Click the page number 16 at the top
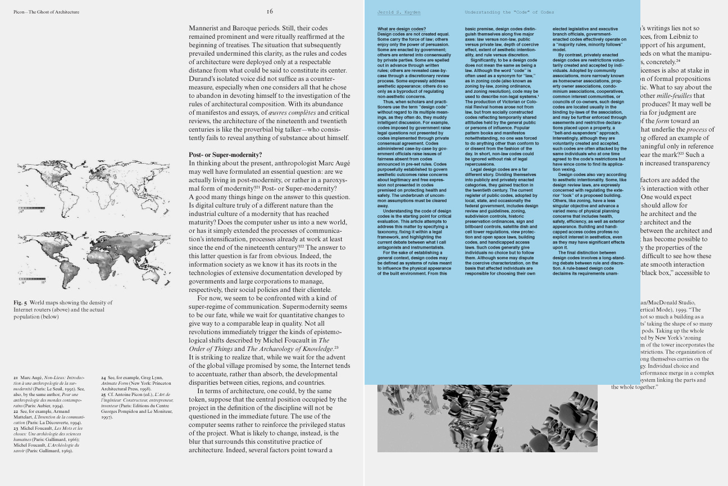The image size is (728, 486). pyautogui.click(x=270, y=11)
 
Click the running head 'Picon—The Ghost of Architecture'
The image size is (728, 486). pyautogui.click(x=46, y=12)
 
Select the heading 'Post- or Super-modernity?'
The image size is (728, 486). pyautogui.click(x=225, y=155)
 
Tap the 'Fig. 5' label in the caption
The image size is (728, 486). pyautogui.click(x=20, y=303)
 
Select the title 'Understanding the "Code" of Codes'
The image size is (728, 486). pyautogui.click(x=509, y=12)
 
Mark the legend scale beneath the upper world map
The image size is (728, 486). pyautogui.click(x=31, y=209)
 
